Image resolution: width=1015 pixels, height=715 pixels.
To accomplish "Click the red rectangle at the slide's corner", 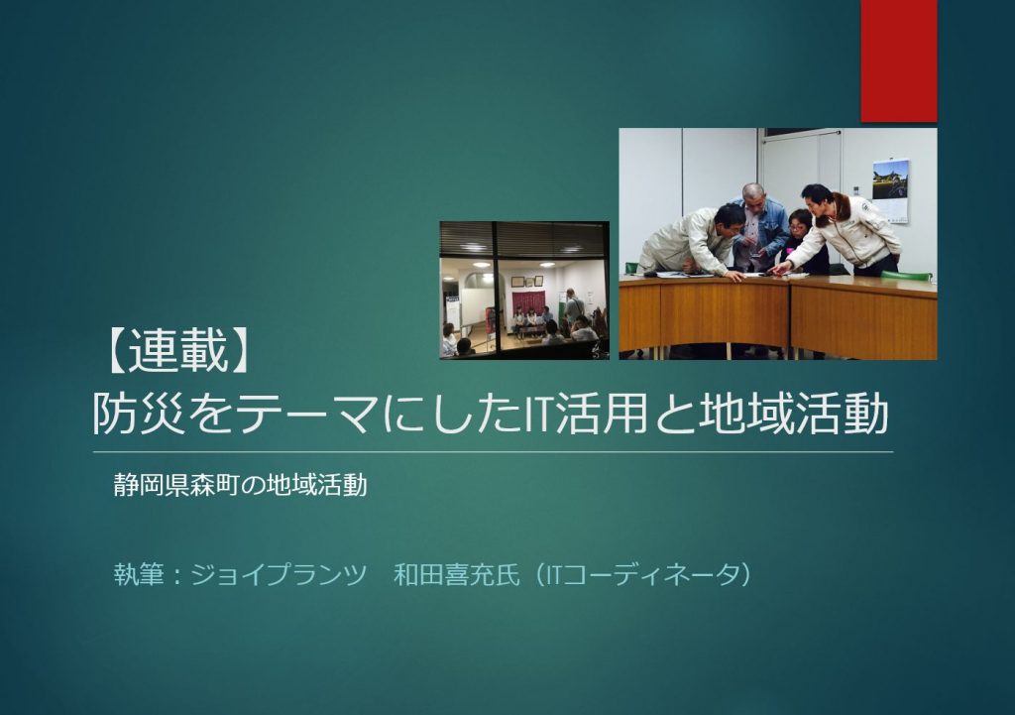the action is [x=898, y=60].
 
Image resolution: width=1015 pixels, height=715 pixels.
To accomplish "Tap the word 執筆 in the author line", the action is [x=139, y=575].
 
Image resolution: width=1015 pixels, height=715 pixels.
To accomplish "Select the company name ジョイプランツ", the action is [x=279, y=575].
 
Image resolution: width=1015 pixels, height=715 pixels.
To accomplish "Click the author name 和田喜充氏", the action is [x=457, y=575].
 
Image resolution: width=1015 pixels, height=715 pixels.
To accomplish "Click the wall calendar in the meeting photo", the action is [x=890, y=191].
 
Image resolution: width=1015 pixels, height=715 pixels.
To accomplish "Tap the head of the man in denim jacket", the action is [x=753, y=195].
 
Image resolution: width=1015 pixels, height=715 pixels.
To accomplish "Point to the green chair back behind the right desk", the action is [x=904, y=275].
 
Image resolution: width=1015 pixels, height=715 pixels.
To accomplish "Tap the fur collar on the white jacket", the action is [x=836, y=207].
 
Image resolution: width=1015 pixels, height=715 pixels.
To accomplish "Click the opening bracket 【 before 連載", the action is [x=117, y=354].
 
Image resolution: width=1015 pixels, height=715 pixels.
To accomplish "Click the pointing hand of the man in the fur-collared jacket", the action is [x=781, y=268].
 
